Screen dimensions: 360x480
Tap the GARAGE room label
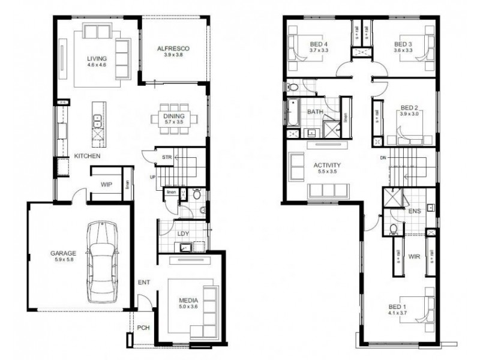63,254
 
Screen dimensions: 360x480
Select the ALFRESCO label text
173,47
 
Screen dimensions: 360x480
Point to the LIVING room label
96,58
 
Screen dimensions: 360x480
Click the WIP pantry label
107,184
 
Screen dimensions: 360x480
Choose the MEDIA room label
188,300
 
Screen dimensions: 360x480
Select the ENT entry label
143,282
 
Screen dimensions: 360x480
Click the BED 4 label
319,44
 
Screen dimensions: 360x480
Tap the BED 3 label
403,44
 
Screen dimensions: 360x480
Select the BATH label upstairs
315,112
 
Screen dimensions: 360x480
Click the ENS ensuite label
413,212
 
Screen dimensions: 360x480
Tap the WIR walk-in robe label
413,256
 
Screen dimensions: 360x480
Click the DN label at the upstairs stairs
383,158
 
